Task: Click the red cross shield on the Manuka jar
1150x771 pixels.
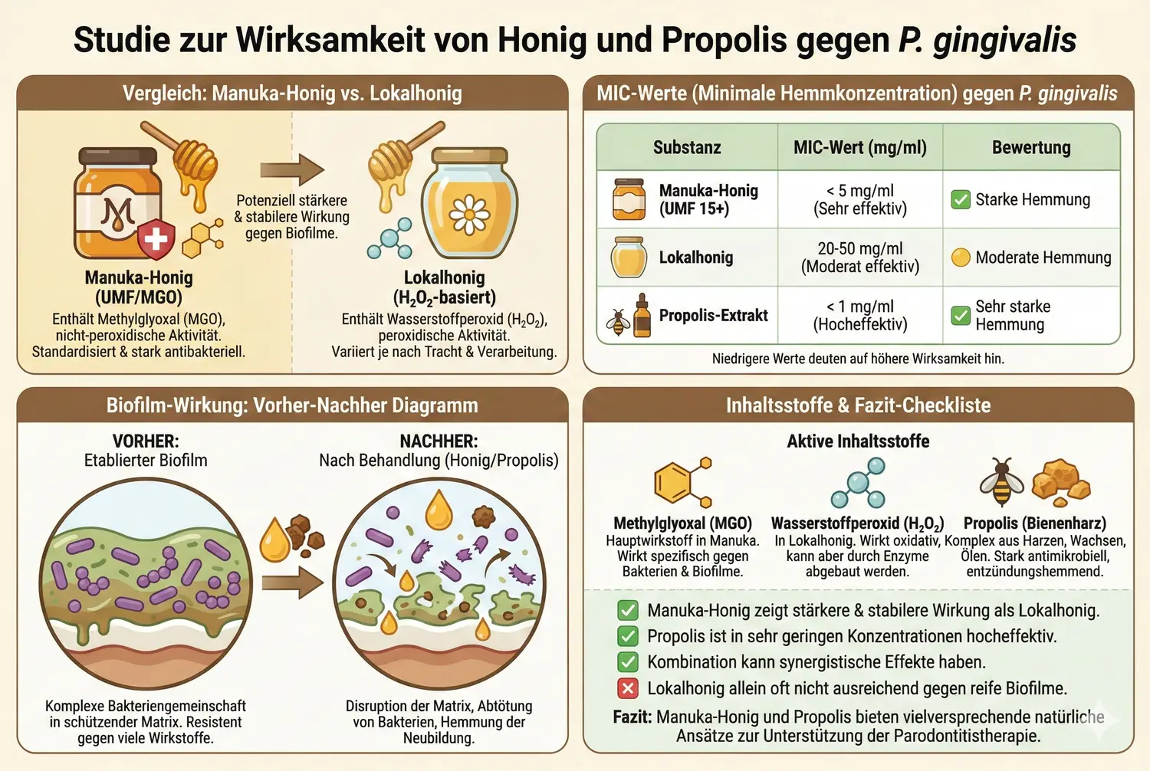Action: [156, 239]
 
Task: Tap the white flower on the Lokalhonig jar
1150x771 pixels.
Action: [469, 214]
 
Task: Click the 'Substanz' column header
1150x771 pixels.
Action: [687, 147]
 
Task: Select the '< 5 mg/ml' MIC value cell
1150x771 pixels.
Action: [860, 191]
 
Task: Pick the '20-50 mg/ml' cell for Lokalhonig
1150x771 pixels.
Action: [860, 249]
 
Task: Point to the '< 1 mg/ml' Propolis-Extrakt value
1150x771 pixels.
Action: [860, 307]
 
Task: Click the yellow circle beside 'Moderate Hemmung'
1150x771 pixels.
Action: [961, 258]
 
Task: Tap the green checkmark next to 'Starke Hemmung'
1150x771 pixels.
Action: [961, 199]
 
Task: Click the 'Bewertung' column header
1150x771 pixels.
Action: [1031, 147]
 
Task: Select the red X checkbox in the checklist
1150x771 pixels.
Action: [628, 688]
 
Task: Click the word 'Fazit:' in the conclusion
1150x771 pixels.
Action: [632, 717]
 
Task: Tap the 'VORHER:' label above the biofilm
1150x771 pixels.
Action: [146, 441]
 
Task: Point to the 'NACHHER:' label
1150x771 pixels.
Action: [439, 441]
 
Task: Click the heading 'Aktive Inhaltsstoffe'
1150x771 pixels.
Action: [858, 441]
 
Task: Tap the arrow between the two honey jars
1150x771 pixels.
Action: [291, 169]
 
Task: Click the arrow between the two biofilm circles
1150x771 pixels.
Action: [292, 583]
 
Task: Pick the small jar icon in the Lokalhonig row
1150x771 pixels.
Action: [629, 258]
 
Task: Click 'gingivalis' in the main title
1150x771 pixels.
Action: [1004, 40]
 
